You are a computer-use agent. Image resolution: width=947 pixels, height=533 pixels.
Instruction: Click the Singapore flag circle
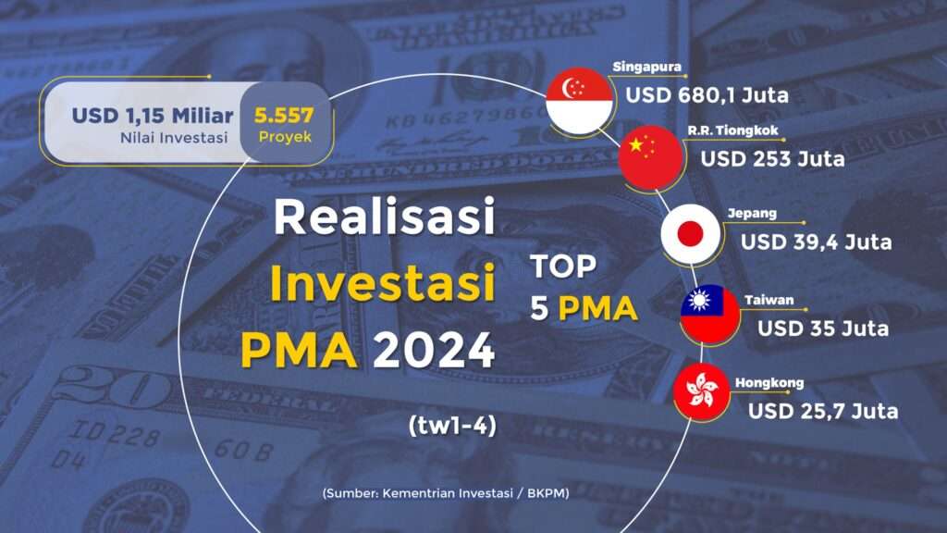point(579,100)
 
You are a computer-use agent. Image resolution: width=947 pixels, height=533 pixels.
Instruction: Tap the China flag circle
point(650,157)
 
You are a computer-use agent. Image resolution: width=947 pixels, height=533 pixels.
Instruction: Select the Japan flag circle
point(690,234)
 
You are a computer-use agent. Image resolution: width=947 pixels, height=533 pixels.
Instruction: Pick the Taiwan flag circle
point(709,314)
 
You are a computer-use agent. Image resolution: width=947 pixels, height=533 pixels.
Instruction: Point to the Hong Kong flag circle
point(702,391)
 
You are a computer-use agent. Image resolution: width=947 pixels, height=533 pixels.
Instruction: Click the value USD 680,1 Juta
point(707,95)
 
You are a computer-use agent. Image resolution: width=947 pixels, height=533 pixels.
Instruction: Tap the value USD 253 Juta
point(772,159)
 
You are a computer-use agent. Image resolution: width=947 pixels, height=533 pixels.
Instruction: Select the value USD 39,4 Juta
point(816,242)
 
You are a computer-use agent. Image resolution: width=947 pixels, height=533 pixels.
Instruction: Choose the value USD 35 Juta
point(822,328)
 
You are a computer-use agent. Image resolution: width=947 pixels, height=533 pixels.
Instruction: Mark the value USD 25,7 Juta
point(822,412)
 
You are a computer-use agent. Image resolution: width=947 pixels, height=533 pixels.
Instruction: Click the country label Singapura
point(646,67)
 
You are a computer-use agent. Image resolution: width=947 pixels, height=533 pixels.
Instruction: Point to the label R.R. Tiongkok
point(732,130)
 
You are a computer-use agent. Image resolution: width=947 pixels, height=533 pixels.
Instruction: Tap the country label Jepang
point(752,214)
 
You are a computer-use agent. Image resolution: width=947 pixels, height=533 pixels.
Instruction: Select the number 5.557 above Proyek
point(284,115)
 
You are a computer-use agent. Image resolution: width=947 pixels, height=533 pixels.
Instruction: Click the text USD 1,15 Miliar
point(153,116)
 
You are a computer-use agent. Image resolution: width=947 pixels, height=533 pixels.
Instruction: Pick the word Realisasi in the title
point(384,217)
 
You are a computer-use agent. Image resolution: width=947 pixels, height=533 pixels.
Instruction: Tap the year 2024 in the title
point(435,350)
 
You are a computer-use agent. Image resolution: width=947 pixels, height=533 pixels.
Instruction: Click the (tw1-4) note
point(452,426)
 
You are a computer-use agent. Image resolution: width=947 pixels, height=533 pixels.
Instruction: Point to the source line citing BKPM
point(446,493)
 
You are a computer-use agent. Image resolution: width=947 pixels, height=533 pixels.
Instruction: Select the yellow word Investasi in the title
point(382,283)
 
